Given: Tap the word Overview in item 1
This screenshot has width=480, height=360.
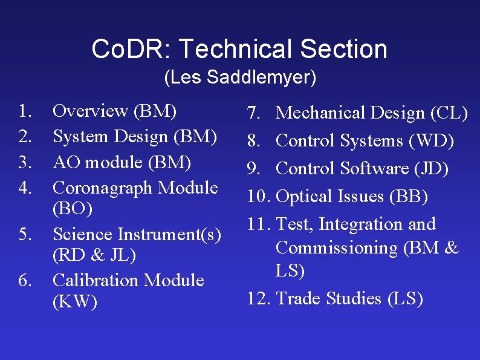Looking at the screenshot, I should pyautogui.click(x=90, y=111).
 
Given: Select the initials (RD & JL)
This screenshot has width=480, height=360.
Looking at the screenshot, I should pyautogui.click(x=94, y=256).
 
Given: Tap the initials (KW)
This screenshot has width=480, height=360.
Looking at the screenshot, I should pyautogui.click(x=75, y=302).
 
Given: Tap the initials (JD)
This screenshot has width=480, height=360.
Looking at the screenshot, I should pyautogui.click(x=430, y=169).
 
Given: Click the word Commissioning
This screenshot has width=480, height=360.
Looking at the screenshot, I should pyautogui.click(x=342, y=248).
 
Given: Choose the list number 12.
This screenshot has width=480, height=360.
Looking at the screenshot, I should pyautogui.click(x=258, y=299).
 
